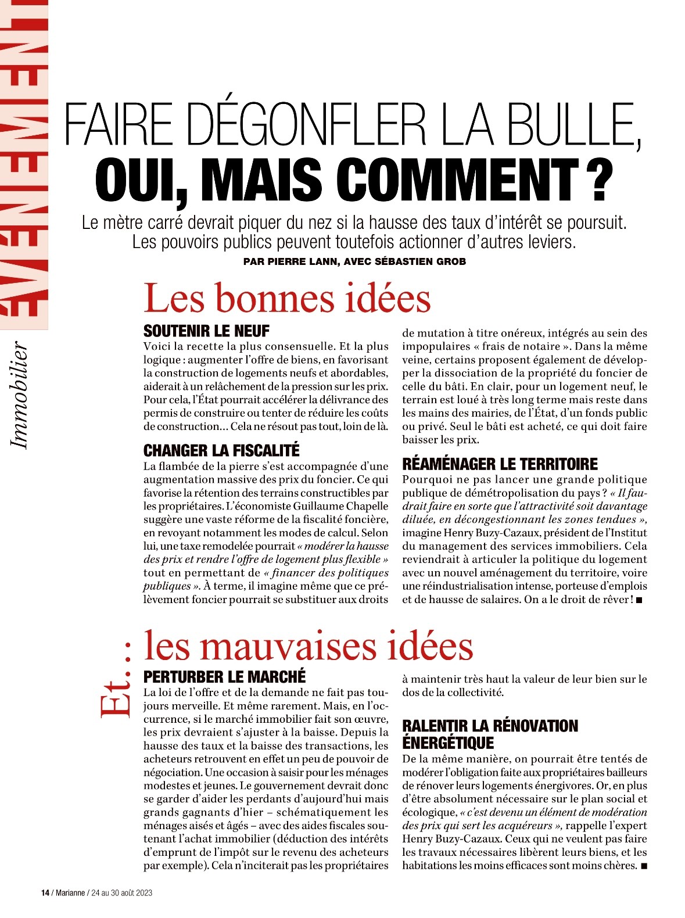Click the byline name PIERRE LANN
tap(303, 261)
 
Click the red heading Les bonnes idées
tap(287, 298)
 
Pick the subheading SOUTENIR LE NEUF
tap(206, 331)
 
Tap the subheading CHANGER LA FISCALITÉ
tap(221, 450)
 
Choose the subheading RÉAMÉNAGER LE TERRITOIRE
tap(500, 464)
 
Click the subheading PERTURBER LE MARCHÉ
tap(224, 677)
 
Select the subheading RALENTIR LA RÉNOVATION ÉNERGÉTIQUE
tap(490, 734)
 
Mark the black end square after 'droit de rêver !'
tap(639, 600)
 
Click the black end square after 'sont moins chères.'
tap(643, 866)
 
